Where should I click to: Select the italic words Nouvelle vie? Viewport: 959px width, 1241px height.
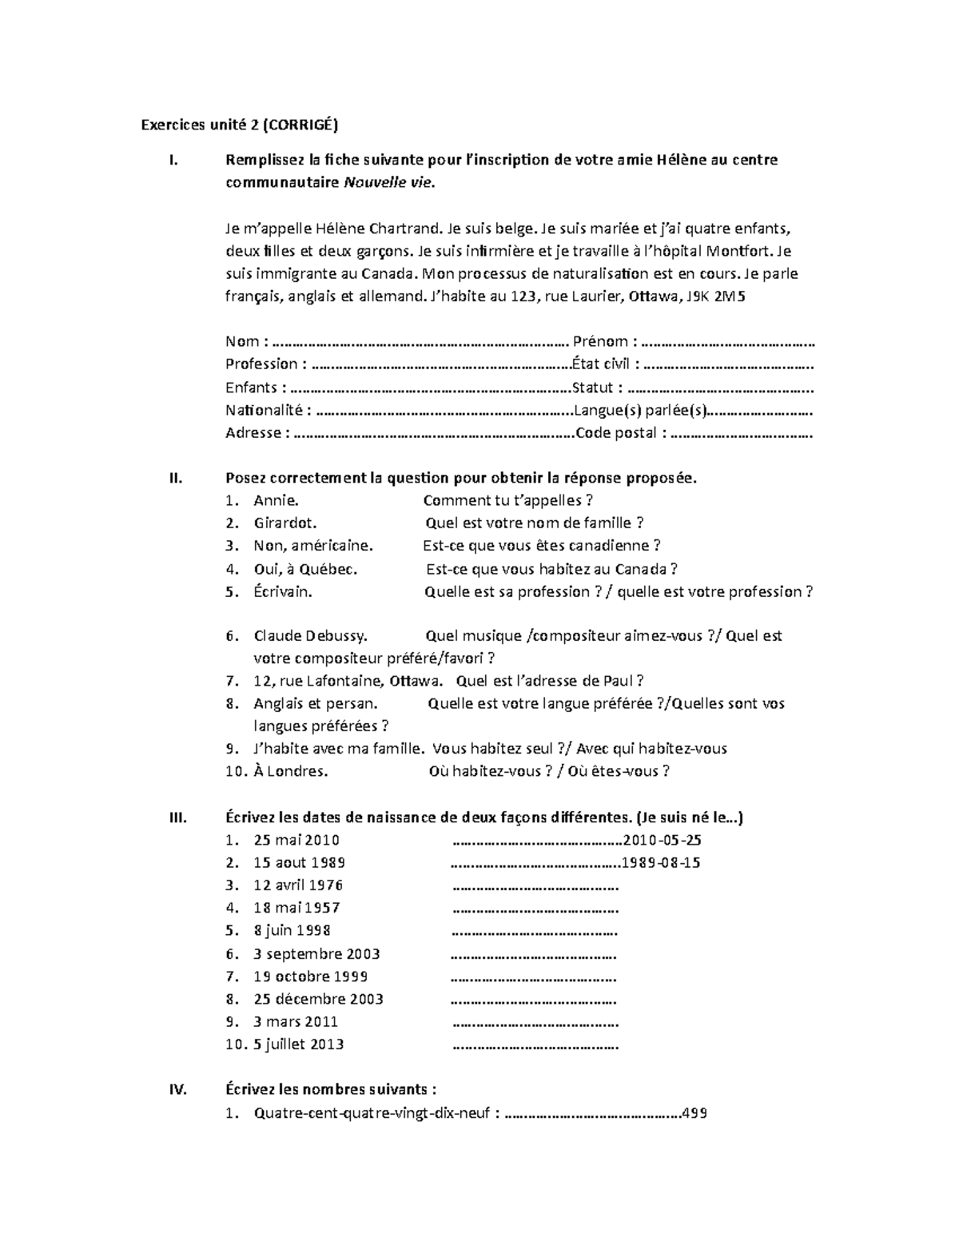point(390,182)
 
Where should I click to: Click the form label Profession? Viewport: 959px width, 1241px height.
point(261,364)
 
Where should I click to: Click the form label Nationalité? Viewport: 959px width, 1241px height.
point(265,411)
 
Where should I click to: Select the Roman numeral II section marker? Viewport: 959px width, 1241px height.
point(176,479)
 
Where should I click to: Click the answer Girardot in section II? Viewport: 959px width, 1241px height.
point(285,523)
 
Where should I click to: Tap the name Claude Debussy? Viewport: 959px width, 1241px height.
point(310,636)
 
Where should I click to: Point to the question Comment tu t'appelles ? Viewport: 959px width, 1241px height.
point(507,501)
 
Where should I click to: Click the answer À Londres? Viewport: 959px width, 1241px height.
point(290,771)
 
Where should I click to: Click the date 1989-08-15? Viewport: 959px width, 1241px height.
point(661,863)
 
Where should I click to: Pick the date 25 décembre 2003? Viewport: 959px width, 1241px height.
point(318,999)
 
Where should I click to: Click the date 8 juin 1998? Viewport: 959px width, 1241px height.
point(292,931)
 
